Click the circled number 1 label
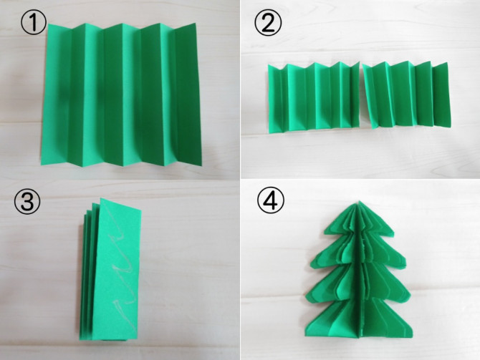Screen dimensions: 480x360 pos(34,23)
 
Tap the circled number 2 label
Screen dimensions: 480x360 pos(268,22)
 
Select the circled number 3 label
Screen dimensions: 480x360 pos(27,201)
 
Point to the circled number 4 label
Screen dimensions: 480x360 pos(271,200)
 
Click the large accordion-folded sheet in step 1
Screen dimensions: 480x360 pos(120,94)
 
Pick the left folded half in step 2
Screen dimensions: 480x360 pos(314,97)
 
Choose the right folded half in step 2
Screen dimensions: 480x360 pos(406,94)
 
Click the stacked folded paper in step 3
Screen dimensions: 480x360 pos(110,270)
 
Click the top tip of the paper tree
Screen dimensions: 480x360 pos(360,201)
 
